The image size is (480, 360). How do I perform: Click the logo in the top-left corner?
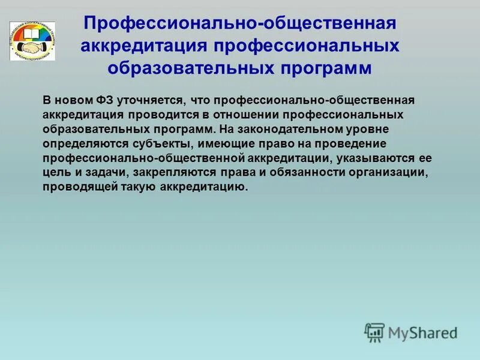coord(32,41)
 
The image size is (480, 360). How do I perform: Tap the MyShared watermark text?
coord(422,332)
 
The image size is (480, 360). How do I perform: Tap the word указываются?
coord(379,158)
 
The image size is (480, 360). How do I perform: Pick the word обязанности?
coord(288,173)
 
